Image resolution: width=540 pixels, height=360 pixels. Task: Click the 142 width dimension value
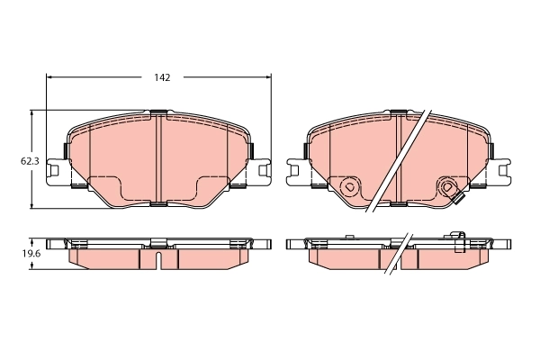161,77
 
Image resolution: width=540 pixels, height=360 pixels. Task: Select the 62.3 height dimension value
30,161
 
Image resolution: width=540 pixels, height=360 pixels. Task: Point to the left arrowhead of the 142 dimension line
49,77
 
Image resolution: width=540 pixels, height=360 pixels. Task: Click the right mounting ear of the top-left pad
263,168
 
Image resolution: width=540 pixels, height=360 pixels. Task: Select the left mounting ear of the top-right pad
296,168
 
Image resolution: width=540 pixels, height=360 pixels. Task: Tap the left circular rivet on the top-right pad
349,188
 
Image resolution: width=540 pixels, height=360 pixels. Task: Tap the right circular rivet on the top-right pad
447,187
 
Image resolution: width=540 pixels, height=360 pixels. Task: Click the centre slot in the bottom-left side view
158,261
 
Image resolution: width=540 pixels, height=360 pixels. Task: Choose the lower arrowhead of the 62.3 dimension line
33,206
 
